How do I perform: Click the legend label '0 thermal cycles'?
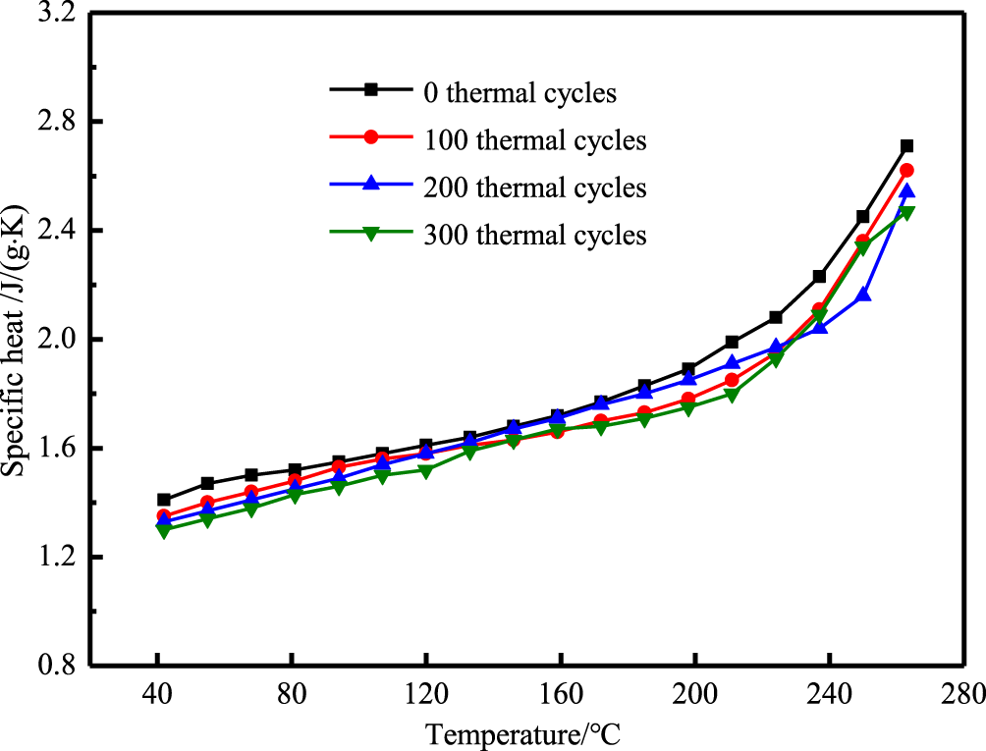[x=520, y=93]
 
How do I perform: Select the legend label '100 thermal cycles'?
[x=534, y=140]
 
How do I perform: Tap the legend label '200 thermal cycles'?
[x=534, y=187]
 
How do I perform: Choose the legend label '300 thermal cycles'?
[x=534, y=235]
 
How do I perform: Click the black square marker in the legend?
[x=371, y=89]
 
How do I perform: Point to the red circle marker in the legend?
[x=371, y=137]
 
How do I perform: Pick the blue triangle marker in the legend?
[x=371, y=184]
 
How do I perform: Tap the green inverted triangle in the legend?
[x=371, y=233]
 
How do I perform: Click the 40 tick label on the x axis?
[x=157, y=692]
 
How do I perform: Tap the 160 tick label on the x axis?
[x=560, y=692]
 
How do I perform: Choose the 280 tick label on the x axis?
[x=962, y=692]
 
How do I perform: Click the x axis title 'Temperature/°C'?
[x=524, y=732]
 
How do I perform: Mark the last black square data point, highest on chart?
[x=906, y=146]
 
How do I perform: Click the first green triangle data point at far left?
[x=163, y=531]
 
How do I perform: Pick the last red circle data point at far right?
[x=906, y=171]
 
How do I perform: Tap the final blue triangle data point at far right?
[x=906, y=191]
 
